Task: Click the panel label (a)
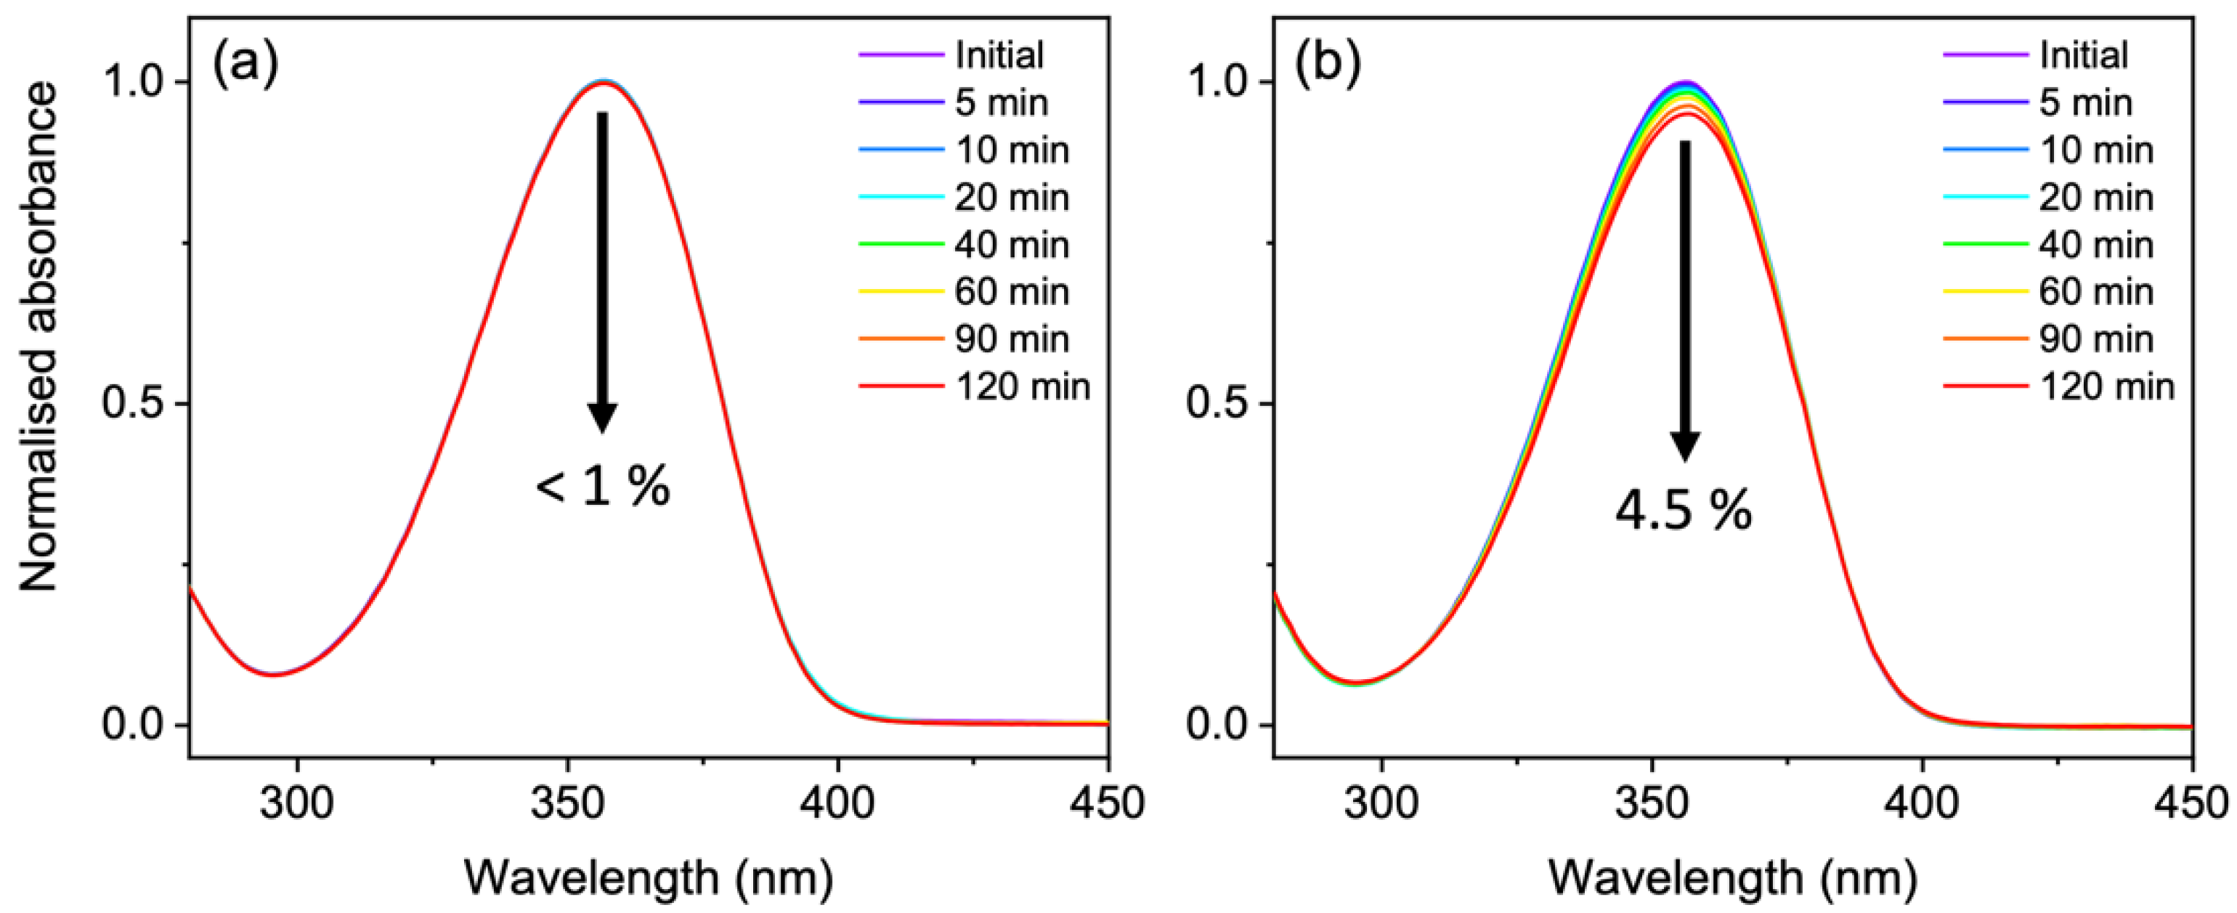(245, 65)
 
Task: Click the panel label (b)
(1328, 65)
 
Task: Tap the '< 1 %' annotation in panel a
(602, 487)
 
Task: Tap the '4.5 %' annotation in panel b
(1683, 511)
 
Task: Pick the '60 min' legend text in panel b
(2095, 292)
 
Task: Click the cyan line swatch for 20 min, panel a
(901, 197)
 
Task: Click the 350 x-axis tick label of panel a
(568, 803)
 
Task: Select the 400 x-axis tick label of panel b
(1921, 803)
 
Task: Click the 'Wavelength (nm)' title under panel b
(1732, 877)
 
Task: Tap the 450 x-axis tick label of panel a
(1106, 803)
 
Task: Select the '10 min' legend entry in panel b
(2095, 150)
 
